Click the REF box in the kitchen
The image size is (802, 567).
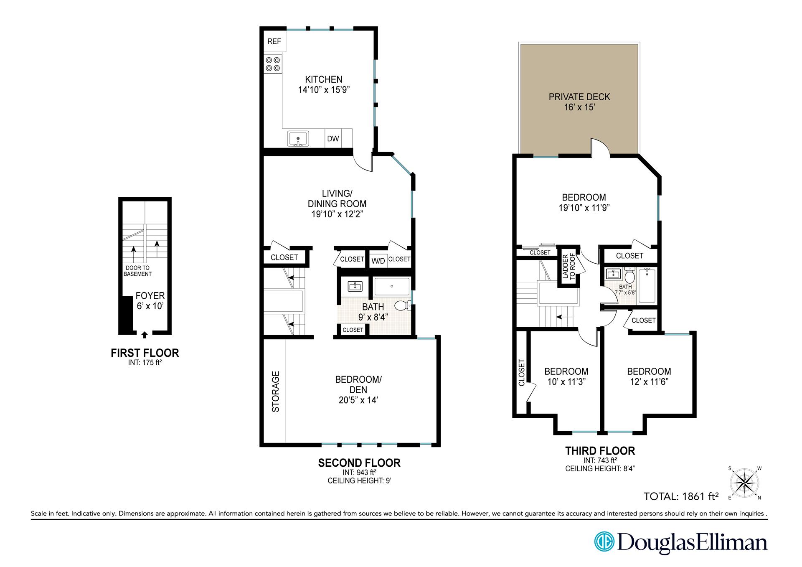pyautogui.click(x=274, y=41)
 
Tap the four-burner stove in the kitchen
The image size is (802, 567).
pyautogui.click(x=273, y=64)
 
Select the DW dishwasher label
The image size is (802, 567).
pyautogui.click(x=333, y=139)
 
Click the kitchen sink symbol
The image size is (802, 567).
pyautogui.click(x=298, y=138)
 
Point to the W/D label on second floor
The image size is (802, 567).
pyautogui.click(x=378, y=261)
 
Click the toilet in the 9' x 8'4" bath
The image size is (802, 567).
pyautogui.click(x=402, y=306)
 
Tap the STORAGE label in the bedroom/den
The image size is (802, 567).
pyautogui.click(x=275, y=392)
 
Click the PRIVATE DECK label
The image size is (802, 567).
pyautogui.click(x=579, y=97)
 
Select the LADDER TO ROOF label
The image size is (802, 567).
pyautogui.click(x=569, y=267)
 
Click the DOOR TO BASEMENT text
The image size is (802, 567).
pyautogui.click(x=137, y=271)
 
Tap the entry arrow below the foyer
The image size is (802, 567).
pyautogui.click(x=145, y=335)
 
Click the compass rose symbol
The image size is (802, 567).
pyautogui.click(x=745, y=483)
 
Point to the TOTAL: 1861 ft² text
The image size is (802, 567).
pyautogui.click(x=681, y=496)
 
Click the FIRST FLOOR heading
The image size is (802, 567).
pyautogui.click(x=145, y=353)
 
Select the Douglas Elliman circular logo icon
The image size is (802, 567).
pyautogui.click(x=604, y=542)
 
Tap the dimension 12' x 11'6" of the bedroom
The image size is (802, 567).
pyautogui.click(x=649, y=382)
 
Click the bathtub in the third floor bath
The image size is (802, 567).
pyautogui.click(x=648, y=285)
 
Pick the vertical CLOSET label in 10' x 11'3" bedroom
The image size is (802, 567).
pyautogui.click(x=521, y=373)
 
